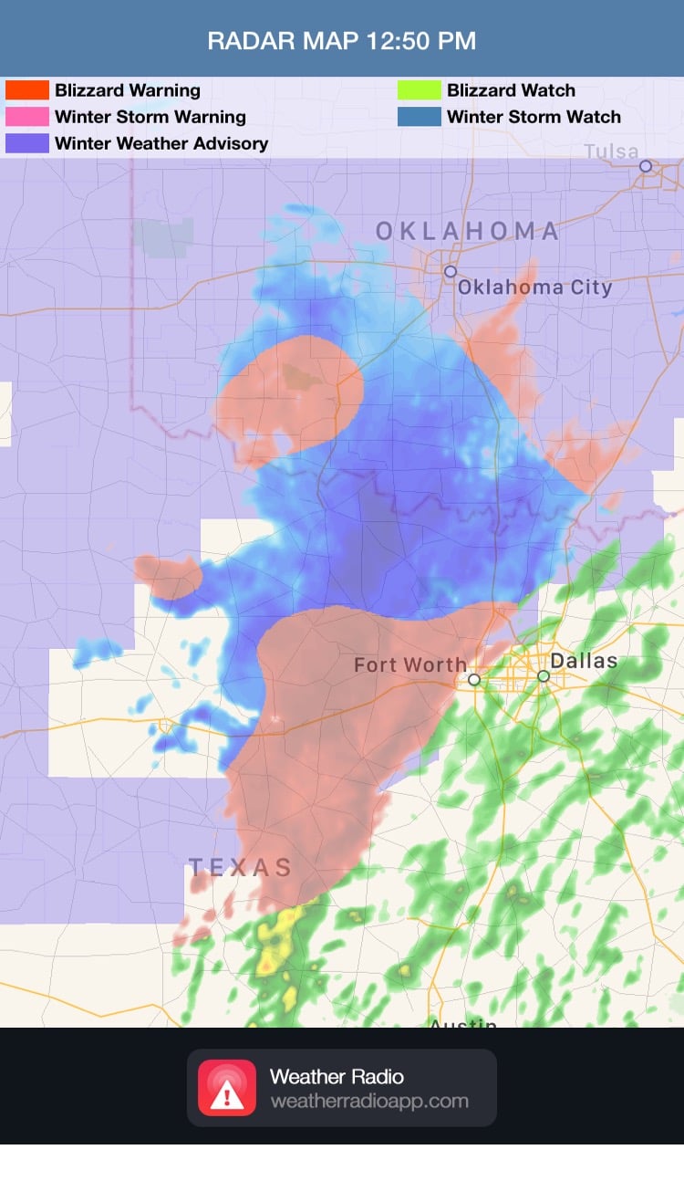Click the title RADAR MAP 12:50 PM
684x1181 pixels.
coord(341,41)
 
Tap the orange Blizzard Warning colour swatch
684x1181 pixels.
coord(27,90)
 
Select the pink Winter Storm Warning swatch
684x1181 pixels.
coord(27,117)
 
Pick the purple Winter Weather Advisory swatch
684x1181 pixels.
coord(27,143)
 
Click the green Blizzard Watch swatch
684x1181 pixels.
coord(419,90)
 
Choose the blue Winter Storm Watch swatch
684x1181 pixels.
coord(419,117)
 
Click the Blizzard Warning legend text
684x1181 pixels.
coord(128,90)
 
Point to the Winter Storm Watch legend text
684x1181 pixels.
coord(534,117)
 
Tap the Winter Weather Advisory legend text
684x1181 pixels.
coord(161,143)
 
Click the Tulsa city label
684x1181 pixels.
coord(611,151)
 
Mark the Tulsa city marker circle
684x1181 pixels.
coord(646,166)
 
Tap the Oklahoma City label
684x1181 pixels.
coord(534,287)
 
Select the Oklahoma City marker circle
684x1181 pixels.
coord(451,271)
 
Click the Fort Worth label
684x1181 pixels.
coord(410,665)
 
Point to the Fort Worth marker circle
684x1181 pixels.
coord(474,679)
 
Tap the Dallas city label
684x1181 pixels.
coord(584,661)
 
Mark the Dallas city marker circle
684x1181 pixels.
coord(544,676)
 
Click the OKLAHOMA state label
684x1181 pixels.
coord(467,232)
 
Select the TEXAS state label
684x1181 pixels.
coord(240,867)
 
